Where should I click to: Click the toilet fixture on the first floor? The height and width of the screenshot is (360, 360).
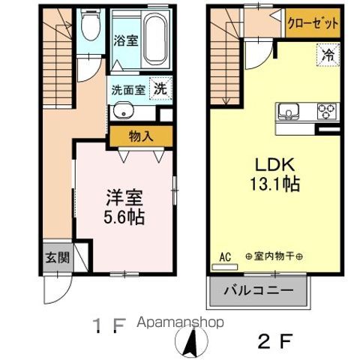pos(91,25)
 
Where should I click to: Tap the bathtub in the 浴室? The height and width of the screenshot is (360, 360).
pos(155,39)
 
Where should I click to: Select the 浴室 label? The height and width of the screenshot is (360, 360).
pos(126,40)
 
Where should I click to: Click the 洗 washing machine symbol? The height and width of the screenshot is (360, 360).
pos(160,88)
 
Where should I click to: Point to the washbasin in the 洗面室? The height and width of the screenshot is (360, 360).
pos(124,110)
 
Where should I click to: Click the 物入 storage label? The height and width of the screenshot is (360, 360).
pos(141,136)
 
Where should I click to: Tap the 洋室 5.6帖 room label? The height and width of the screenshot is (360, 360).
pos(124,207)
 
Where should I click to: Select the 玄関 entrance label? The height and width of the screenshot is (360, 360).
pos(58,257)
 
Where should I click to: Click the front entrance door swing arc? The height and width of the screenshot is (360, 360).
pos(64,295)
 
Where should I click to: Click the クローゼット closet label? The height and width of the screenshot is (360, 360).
pos(313,23)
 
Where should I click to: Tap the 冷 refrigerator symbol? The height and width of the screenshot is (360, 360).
pos(328,55)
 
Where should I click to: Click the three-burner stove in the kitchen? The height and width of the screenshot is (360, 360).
pos(327,111)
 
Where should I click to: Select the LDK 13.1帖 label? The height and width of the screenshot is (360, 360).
pos(275,175)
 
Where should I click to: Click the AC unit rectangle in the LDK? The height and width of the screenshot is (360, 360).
pos(224,267)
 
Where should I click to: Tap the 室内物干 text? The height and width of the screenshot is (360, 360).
pos(274,256)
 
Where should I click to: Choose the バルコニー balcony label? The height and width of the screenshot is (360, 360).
pos(259,290)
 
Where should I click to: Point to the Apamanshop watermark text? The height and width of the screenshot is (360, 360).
pos(180,322)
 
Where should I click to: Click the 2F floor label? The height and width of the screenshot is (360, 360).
pos(275,341)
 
